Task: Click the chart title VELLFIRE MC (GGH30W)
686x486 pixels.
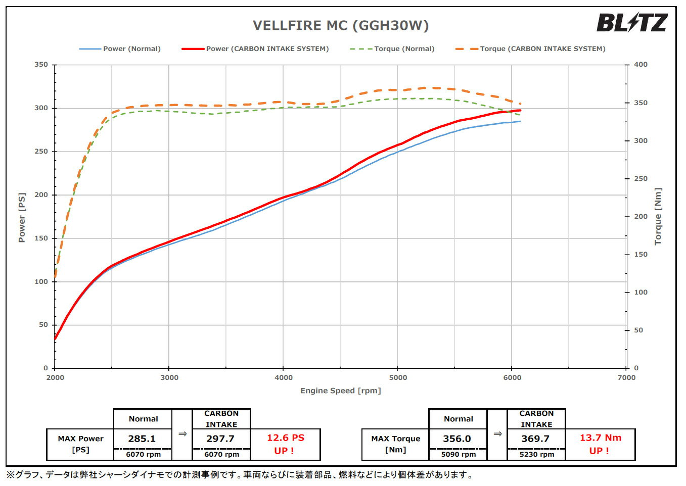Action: coord(341,25)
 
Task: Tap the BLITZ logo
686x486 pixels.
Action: coord(631,23)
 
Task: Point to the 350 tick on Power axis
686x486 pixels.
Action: coord(41,65)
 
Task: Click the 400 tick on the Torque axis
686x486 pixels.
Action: coord(641,65)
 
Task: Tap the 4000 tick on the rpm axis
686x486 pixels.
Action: coord(283,377)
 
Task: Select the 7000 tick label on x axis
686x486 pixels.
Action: coord(626,377)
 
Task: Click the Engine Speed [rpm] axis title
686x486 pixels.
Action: coord(341,391)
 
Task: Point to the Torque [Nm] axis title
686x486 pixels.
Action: coord(658,217)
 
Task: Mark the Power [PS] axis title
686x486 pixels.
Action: coord(22,217)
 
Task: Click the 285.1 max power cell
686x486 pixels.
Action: coord(142,439)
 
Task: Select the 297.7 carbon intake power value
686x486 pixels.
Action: coord(220,439)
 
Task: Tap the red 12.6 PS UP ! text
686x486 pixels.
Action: coord(285,444)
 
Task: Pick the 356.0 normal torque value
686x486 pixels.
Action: coord(457,439)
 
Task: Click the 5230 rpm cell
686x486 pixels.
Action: coord(536,454)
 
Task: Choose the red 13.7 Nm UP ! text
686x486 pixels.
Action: coord(600,444)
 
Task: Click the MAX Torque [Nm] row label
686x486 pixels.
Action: coord(395,444)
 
